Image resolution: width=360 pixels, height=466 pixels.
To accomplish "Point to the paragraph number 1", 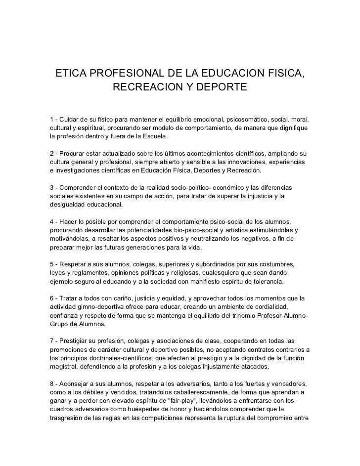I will pyautogui.click(x=52, y=120).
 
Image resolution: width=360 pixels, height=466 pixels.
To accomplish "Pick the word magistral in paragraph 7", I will pyautogui.click(x=66, y=367).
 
